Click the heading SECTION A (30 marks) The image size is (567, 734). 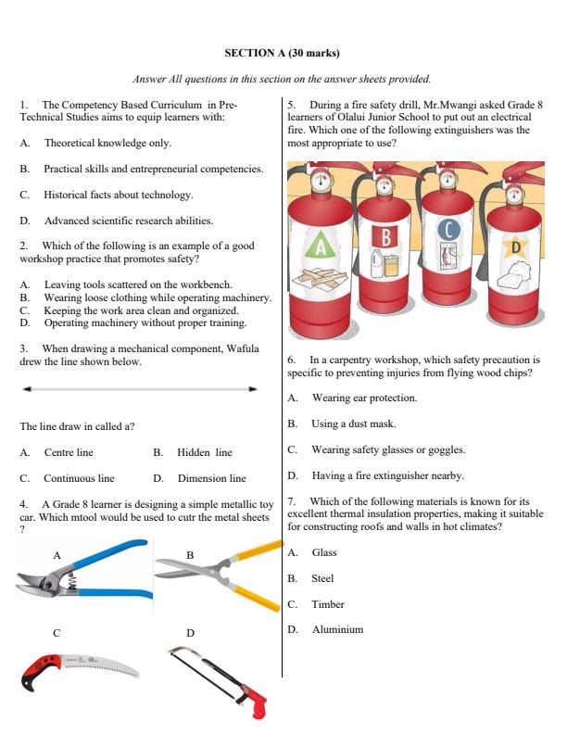pyautogui.click(x=282, y=54)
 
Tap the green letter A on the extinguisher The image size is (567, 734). pyautogui.click(x=321, y=246)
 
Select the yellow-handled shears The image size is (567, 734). pyautogui.click(x=218, y=577)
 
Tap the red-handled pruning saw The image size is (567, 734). pyautogui.click(x=79, y=672)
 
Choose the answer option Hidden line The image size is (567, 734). pyautogui.click(x=204, y=452)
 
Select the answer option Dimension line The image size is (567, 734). pyautogui.click(x=211, y=478)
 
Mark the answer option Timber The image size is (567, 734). pyautogui.click(x=327, y=604)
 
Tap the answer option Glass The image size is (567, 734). pyautogui.click(x=324, y=552)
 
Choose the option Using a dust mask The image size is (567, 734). pyautogui.click(x=353, y=424)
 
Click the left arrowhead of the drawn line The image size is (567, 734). pyautogui.click(x=29, y=389)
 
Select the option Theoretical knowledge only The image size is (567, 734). pyautogui.click(x=107, y=144)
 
